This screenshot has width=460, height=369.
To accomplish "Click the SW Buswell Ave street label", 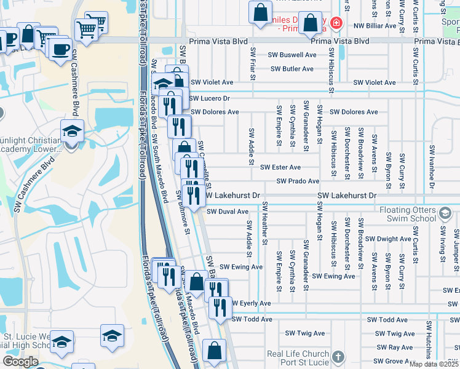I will (x=291, y=55).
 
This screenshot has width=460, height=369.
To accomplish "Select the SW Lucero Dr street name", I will (x=209, y=98).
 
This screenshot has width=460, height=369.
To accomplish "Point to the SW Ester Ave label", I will (x=280, y=167).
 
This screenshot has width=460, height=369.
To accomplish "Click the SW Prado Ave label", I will (x=298, y=181).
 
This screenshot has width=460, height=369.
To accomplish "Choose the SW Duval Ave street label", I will (x=227, y=211).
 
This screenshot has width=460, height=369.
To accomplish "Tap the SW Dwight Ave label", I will (x=387, y=239).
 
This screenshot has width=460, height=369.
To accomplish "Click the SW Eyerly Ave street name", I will (x=251, y=304).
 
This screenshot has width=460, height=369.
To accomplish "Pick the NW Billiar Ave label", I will (x=375, y=26).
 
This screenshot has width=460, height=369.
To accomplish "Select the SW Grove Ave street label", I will (x=394, y=362).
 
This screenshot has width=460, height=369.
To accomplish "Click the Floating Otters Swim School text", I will (x=416, y=215).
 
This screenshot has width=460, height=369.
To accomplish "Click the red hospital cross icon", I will (x=336, y=24).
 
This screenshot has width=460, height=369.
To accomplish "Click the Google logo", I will (x=20, y=362).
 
